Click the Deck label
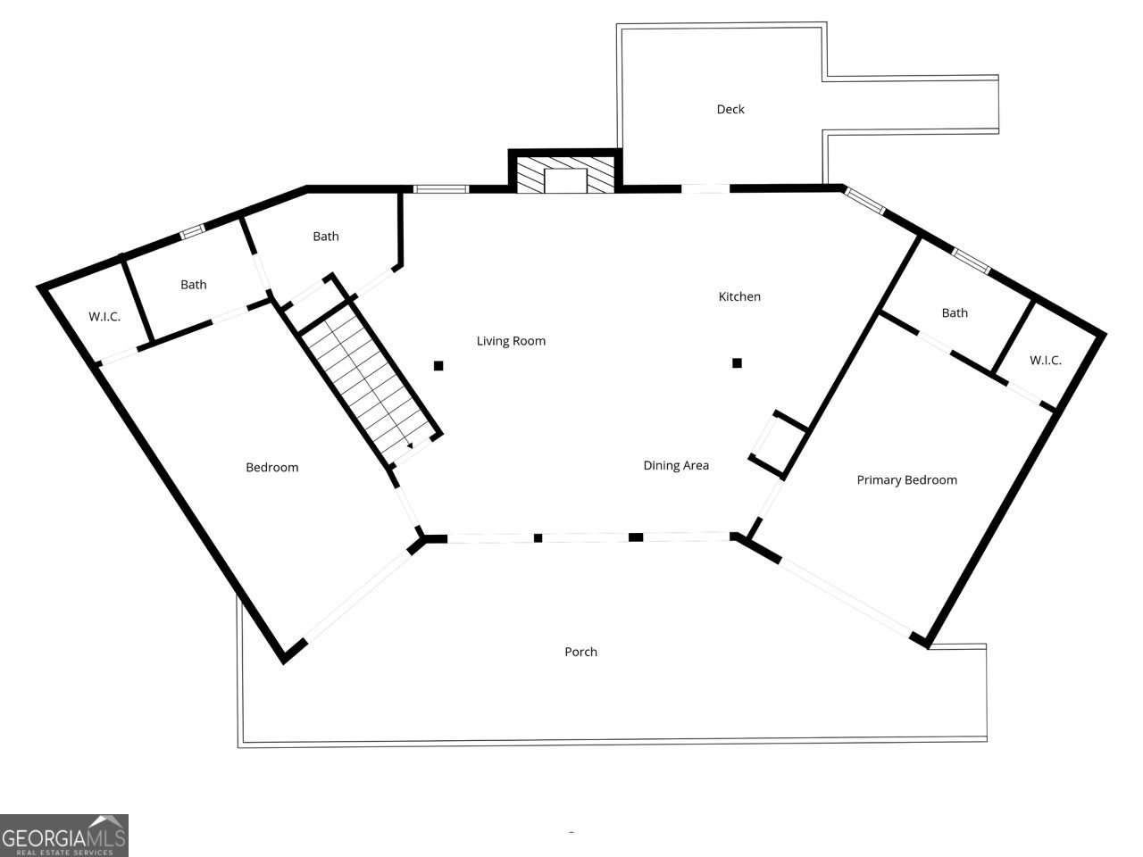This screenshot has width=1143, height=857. [x=730, y=109]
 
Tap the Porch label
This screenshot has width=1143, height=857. [x=580, y=652]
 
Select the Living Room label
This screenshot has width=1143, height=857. [x=511, y=341]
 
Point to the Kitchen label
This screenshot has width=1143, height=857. [x=739, y=296]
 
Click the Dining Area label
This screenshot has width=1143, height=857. [x=676, y=465]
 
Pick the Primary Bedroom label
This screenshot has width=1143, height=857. [x=906, y=480]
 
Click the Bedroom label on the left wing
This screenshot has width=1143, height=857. [x=272, y=468]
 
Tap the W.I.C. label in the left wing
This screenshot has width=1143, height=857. [x=104, y=317]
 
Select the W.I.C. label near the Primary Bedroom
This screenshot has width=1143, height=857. [x=1046, y=361]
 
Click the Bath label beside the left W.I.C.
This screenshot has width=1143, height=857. [x=194, y=285]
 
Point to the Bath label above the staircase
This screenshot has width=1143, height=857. [x=326, y=237]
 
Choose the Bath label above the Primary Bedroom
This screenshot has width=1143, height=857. [x=955, y=312]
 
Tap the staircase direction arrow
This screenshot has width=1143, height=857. [x=409, y=444]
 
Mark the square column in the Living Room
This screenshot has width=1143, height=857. [x=438, y=365]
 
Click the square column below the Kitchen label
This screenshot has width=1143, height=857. [x=738, y=362]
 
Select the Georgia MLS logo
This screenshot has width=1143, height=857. [x=64, y=836]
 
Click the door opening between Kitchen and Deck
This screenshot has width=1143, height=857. [x=705, y=188]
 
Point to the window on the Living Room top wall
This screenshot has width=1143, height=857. [x=441, y=188]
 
